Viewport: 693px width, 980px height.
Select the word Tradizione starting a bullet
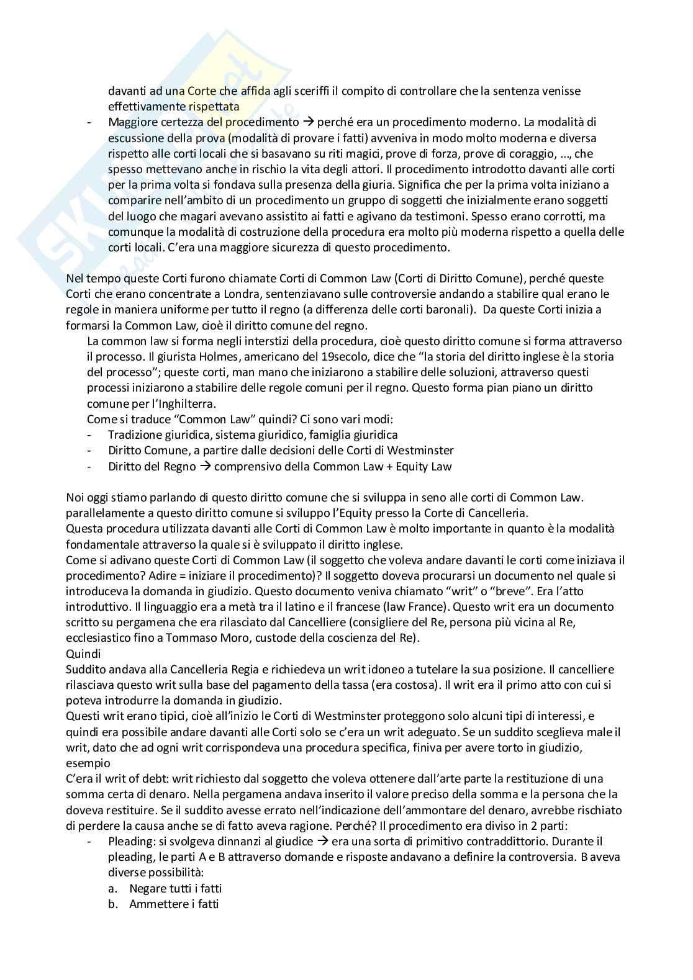135,435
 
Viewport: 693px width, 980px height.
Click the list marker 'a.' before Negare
112,889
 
